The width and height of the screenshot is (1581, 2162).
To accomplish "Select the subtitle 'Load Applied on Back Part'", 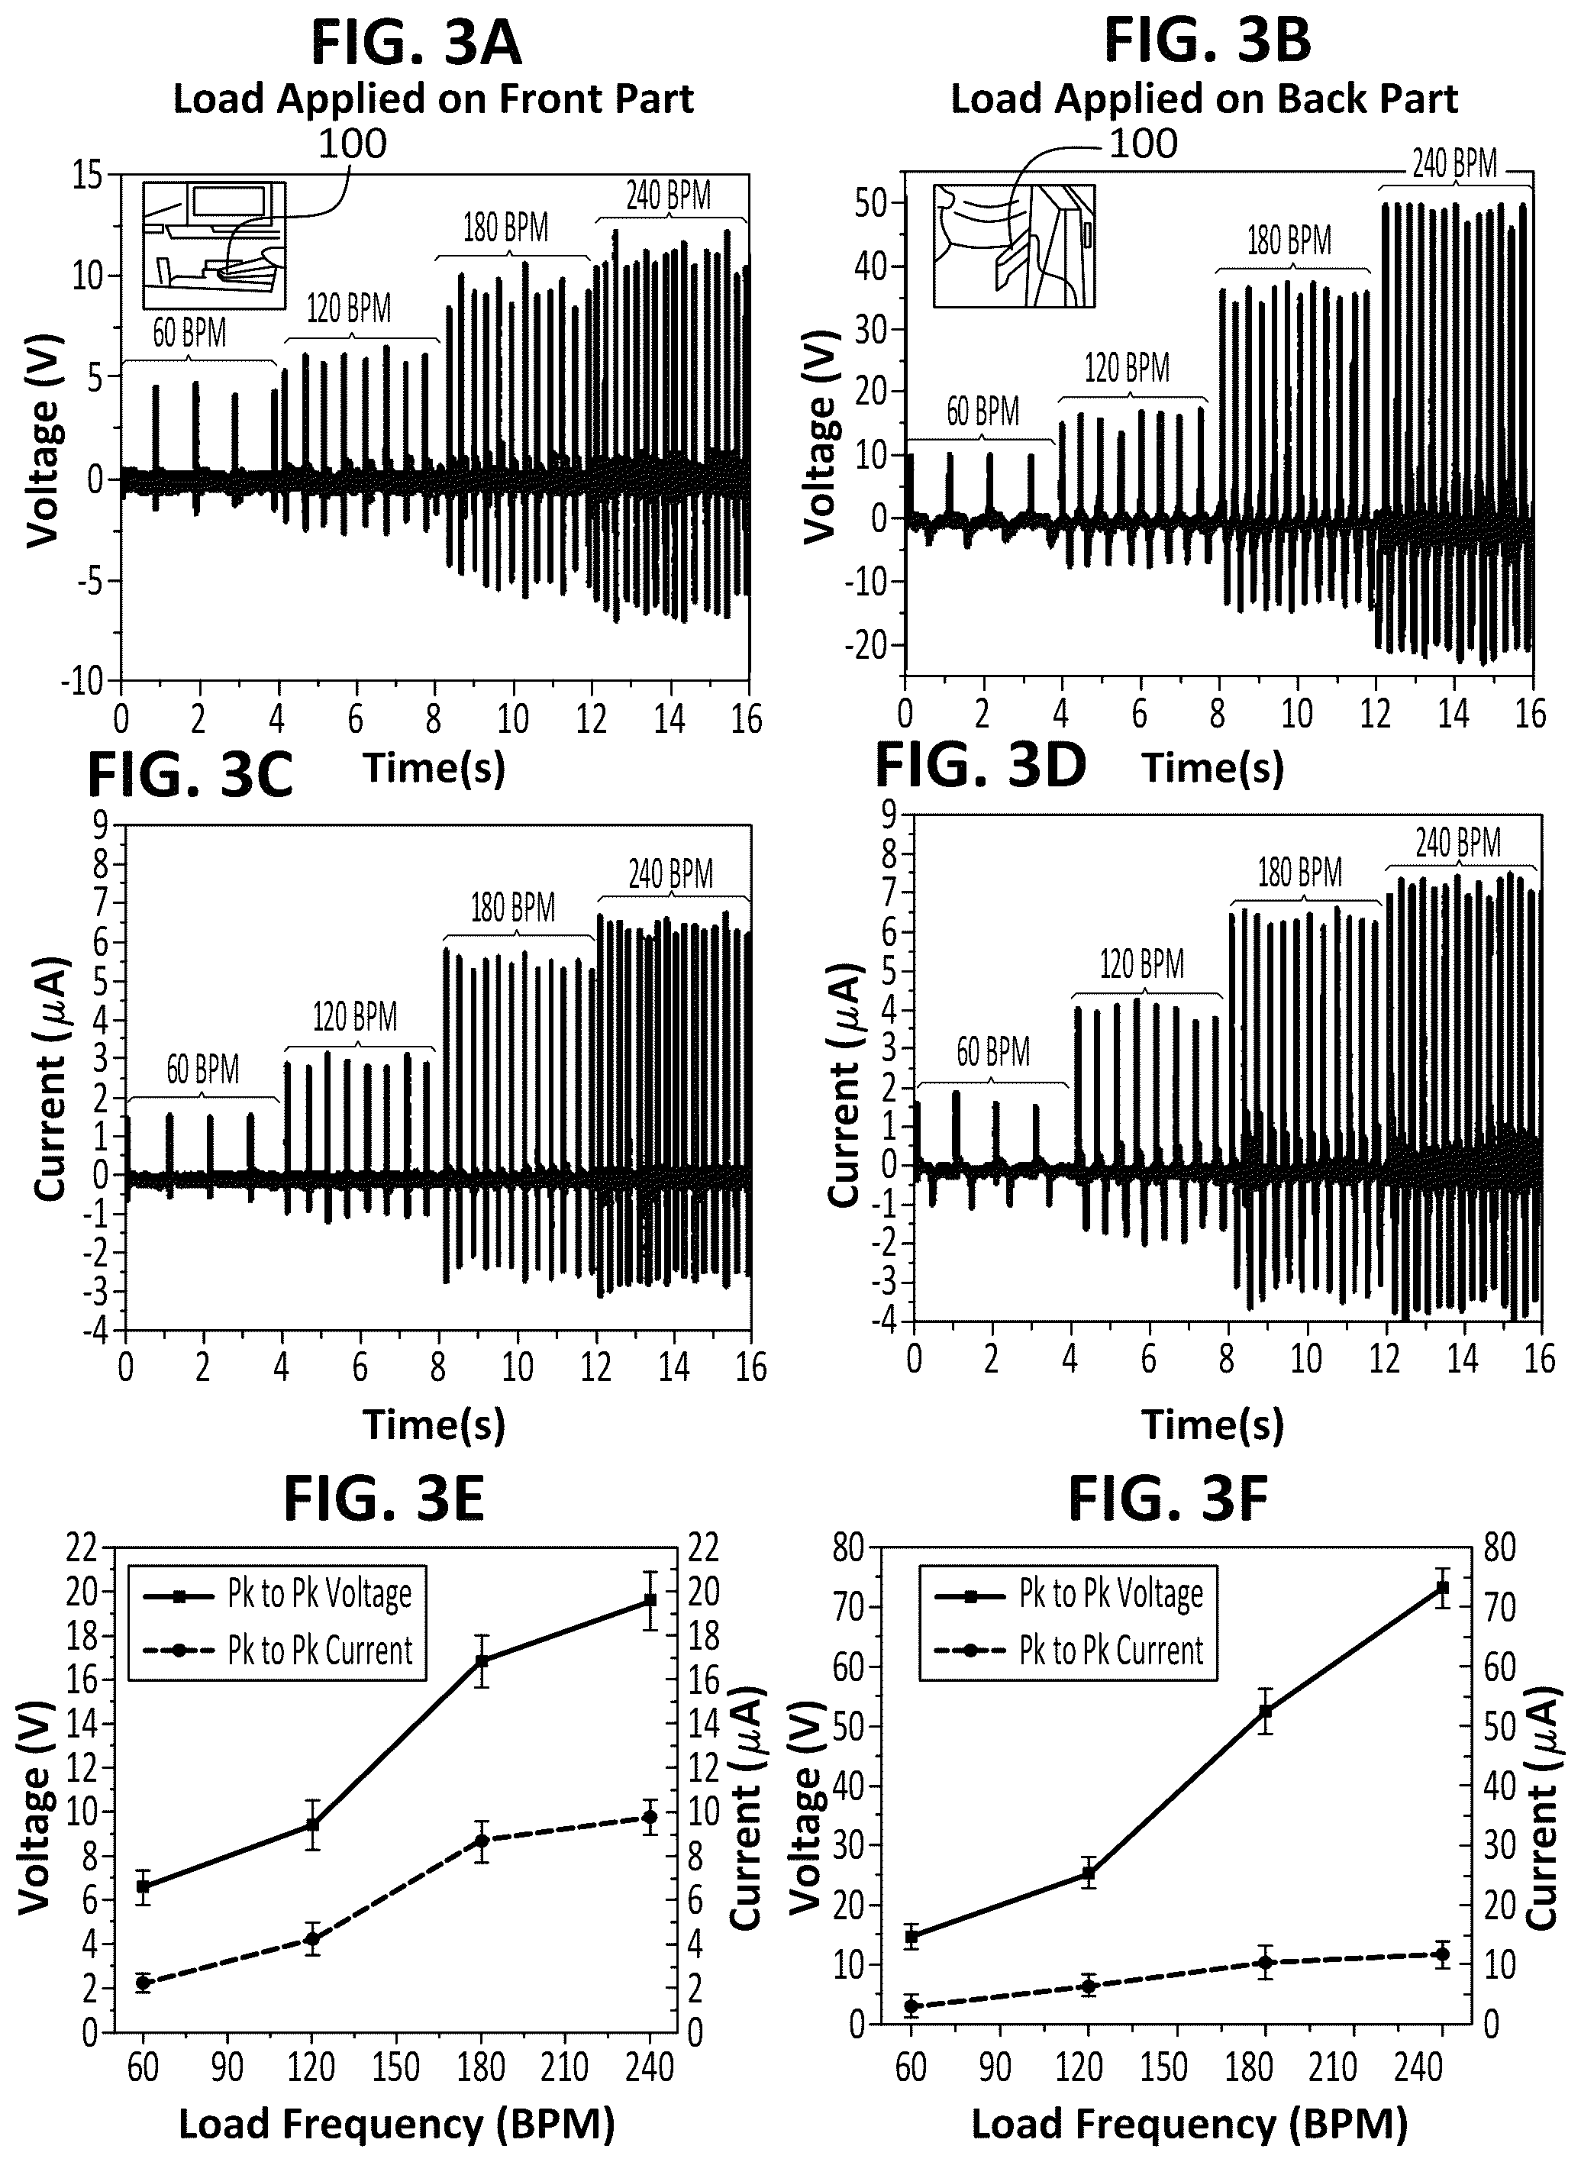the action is pos(1204,99).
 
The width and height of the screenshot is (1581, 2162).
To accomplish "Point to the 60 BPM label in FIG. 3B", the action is pos(982,411).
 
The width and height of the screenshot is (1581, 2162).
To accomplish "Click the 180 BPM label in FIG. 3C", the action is pos(513,907).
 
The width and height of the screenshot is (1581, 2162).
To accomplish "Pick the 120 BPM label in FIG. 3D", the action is pos(1142,963).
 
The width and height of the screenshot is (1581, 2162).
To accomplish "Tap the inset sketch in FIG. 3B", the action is pos(1014,246).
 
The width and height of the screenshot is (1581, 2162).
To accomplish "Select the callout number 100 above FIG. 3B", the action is pos(1143,144).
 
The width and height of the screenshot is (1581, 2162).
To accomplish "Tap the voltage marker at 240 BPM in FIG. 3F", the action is pos(1441,1588).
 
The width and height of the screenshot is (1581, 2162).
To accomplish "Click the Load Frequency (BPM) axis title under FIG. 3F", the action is pos(1189,2124).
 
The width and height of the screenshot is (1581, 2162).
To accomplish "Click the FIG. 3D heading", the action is pos(981,766).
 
